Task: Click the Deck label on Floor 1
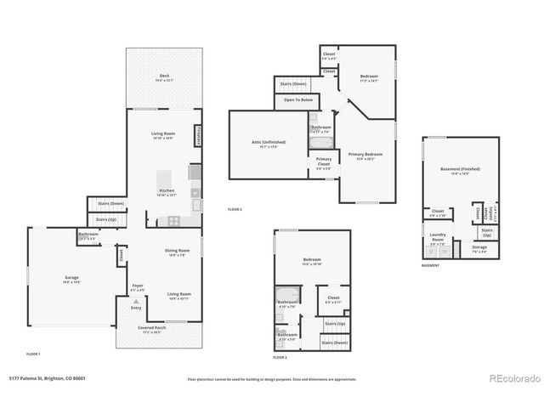[164, 77]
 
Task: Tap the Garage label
[71, 279]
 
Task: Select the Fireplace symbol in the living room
[198, 136]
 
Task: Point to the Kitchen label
[167, 191]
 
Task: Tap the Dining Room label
[177, 251]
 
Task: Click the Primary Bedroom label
[365, 156]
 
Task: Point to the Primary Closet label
[324, 161]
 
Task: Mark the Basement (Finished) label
[460, 170]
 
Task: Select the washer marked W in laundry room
[445, 252]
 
